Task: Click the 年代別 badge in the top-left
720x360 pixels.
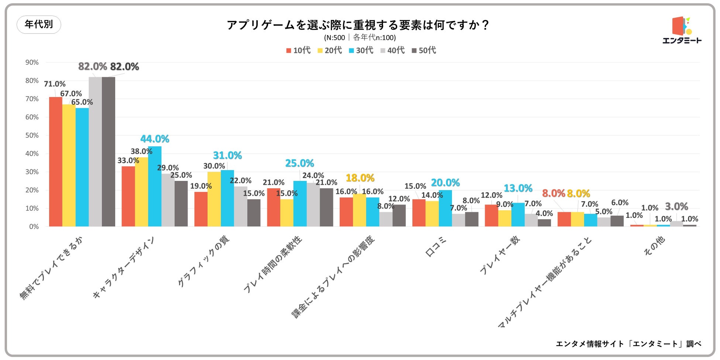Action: click(x=39, y=25)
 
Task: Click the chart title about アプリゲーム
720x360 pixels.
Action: click(x=358, y=25)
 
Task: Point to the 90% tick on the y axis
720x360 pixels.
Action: click(x=32, y=62)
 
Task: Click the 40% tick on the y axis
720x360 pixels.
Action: click(x=32, y=154)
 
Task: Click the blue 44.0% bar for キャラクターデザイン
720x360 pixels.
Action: click(x=155, y=186)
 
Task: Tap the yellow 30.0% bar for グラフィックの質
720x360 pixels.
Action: click(x=214, y=199)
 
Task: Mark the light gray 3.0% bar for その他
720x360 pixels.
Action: click(x=676, y=224)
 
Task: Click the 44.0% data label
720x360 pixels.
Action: click(x=155, y=139)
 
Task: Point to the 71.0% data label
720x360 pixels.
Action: click(x=55, y=84)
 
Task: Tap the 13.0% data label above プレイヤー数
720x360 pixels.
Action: click(x=518, y=188)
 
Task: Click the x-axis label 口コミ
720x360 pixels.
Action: click(x=436, y=247)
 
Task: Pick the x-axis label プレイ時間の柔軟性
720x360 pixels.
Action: click(x=273, y=264)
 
